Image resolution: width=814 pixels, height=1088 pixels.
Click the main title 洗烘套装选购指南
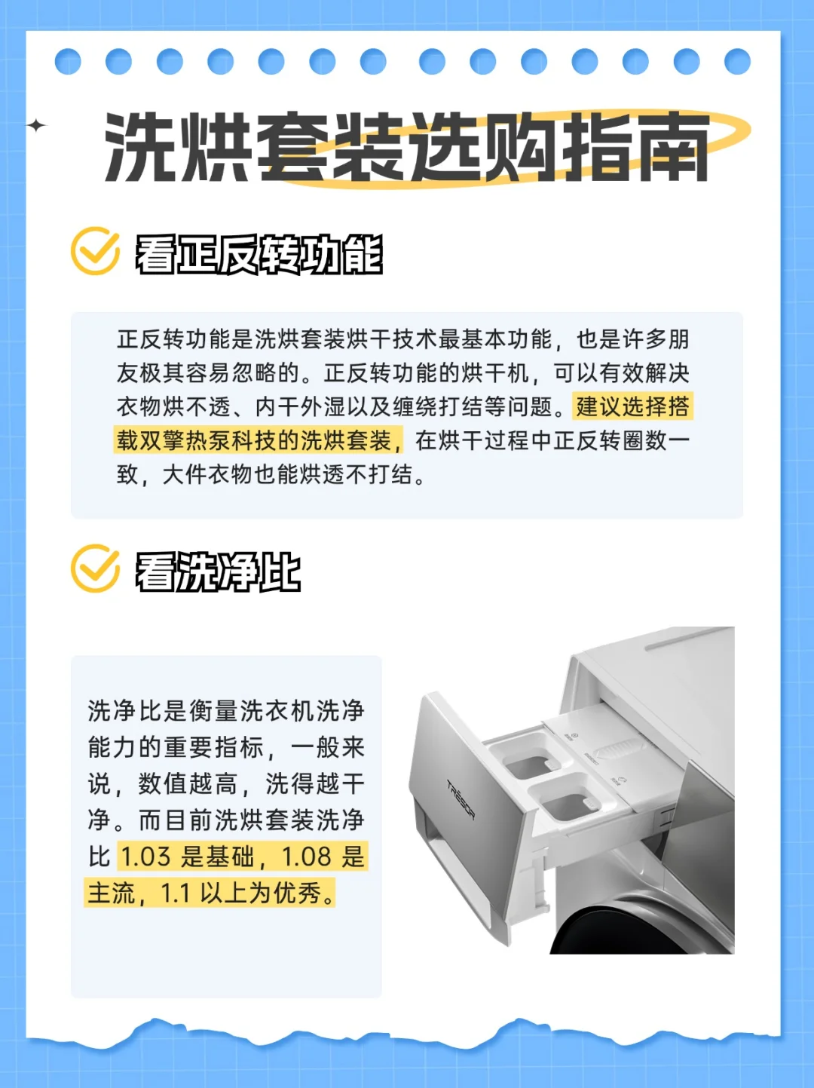click(406, 147)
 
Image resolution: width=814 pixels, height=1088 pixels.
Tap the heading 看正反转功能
click(259, 255)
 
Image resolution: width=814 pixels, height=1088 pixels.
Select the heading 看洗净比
click(218, 572)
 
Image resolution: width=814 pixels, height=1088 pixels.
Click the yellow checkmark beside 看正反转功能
click(96, 251)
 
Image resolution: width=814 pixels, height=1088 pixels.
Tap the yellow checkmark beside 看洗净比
click(96, 569)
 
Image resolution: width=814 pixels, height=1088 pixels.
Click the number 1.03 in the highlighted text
click(145, 857)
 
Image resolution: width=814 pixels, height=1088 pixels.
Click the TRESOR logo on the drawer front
click(461, 799)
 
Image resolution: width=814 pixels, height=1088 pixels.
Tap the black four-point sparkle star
click(36, 125)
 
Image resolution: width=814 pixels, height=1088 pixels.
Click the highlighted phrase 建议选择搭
click(632, 406)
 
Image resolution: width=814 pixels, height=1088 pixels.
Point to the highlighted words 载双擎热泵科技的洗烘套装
click(254, 440)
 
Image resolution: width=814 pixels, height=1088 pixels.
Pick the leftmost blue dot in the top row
click(68, 62)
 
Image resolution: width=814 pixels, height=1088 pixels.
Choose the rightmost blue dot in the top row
click(737, 62)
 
